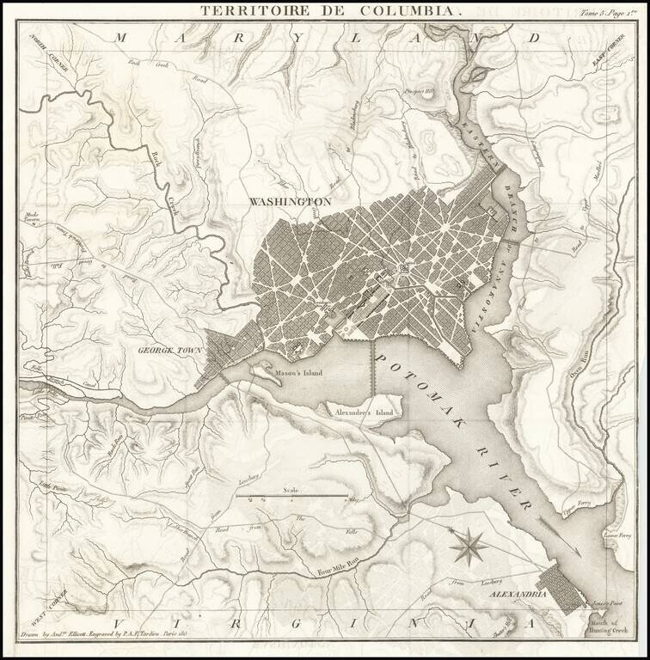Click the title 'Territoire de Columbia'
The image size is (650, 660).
pyautogui.click(x=331, y=11)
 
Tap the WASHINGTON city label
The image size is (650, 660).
pyautogui.click(x=290, y=201)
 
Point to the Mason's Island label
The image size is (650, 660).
pyautogui.click(x=297, y=374)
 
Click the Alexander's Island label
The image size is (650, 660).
pyautogui.click(x=364, y=413)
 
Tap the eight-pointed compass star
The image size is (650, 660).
pyautogui.click(x=469, y=547)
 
